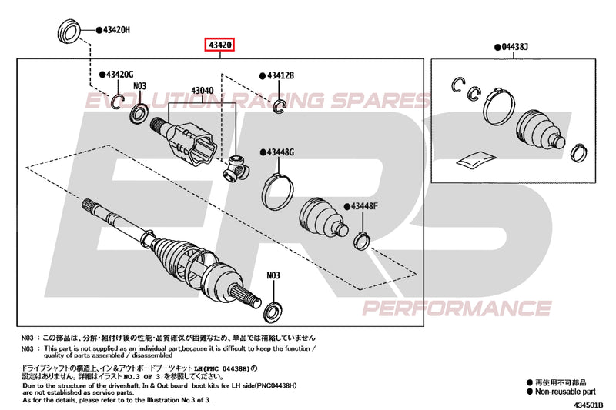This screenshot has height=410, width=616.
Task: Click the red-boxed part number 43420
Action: [219, 45]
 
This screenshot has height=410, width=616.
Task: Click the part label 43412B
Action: [282, 75]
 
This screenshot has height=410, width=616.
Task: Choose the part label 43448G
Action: [282, 152]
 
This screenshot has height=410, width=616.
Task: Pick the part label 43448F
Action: [365, 205]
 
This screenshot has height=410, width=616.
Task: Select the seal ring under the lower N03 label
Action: [273, 311]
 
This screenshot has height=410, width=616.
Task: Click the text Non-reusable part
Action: [567, 391]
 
